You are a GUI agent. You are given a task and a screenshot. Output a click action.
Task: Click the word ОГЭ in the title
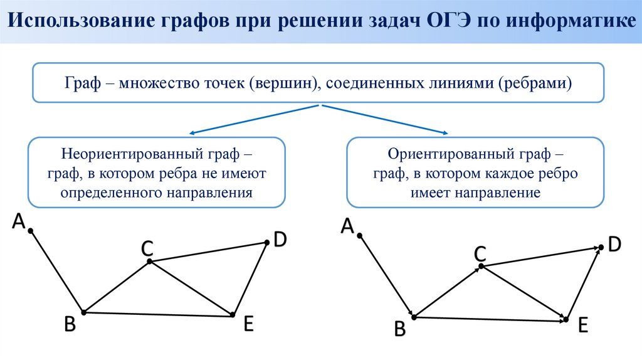pos(447,22)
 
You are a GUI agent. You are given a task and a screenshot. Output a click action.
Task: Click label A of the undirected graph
pos(19,221)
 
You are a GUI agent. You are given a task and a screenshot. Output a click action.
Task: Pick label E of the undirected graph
pos(248,324)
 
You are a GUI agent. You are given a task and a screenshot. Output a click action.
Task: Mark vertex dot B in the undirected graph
pos(83,312)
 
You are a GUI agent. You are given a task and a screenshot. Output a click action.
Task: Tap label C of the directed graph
pos(480,254)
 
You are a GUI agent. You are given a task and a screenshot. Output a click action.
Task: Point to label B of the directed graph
pos(399,329)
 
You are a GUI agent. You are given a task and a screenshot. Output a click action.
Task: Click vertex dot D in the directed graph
pos(601,247)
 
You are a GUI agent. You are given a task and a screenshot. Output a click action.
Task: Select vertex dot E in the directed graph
pos(566,320)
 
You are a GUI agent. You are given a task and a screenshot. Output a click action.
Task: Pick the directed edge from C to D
pos(539,257)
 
